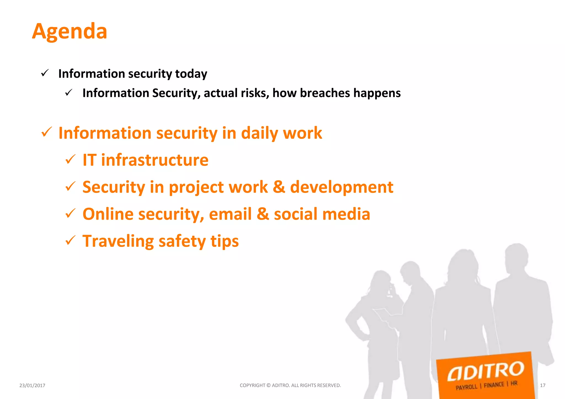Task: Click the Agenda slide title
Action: (70, 31)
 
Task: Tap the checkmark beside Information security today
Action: (45, 73)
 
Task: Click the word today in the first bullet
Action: (191, 74)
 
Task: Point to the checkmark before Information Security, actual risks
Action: (69, 93)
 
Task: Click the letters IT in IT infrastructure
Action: (89, 160)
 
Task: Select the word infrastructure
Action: (155, 160)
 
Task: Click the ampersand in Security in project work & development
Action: (279, 187)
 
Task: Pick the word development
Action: (342, 187)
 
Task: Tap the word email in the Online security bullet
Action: (230, 214)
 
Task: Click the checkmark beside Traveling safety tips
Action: (70, 240)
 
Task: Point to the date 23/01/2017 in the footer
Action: (32, 385)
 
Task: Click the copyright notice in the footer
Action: (290, 385)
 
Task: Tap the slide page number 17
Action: (542, 385)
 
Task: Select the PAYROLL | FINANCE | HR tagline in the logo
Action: (486, 385)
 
